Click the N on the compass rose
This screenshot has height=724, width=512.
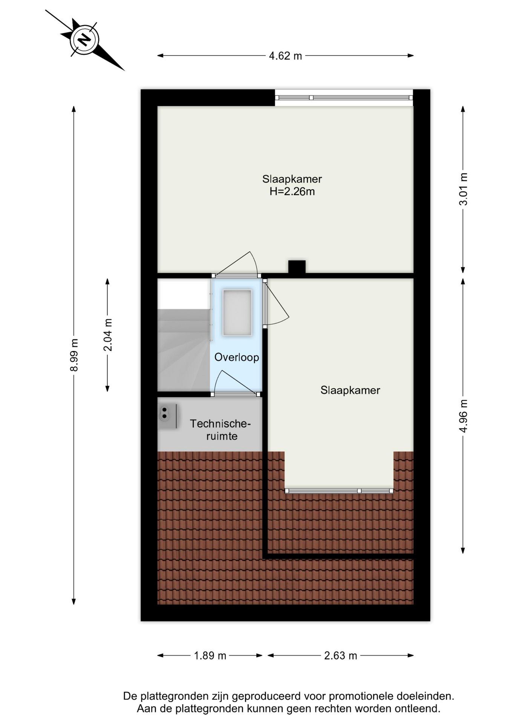[x=84, y=40]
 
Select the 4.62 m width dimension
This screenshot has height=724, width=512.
[x=285, y=56]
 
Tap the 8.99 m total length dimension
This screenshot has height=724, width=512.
[x=74, y=354]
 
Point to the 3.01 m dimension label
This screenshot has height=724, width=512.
[x=463, y=189]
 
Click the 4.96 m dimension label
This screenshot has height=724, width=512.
[x=463, y=416]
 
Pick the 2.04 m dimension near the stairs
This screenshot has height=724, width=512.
[x=108, y=335]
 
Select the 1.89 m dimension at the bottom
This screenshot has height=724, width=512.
[x=210, y=655]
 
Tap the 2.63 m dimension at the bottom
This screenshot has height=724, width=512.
[x=340, y=655]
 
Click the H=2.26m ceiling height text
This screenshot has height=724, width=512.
[x=292, y=192]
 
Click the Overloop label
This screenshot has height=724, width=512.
[x=236, y=357]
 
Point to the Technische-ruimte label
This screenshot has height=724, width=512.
[x=220, y=430]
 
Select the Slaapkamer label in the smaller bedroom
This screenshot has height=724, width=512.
[x=350, y=390]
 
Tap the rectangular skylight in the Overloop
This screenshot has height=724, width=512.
[x=237, y=313]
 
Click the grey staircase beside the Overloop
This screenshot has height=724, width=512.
[x=183, y=349]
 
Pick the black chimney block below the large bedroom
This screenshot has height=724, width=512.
[x=297, y=267]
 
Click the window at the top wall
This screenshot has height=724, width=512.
[x=343, y=98]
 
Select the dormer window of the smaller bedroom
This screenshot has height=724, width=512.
[x=339, y=491]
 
